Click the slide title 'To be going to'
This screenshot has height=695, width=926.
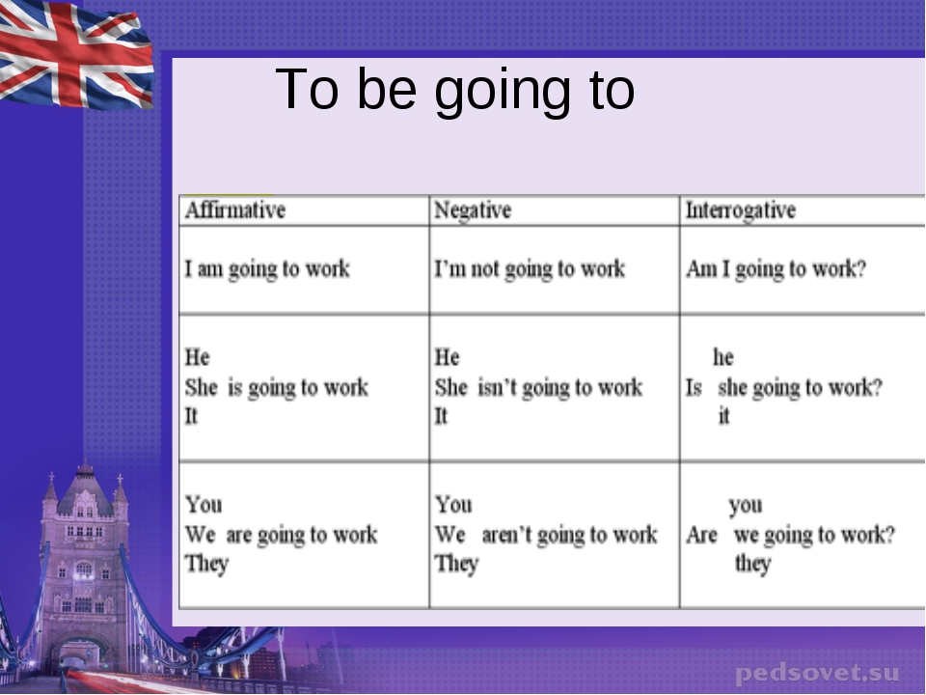pos(454,90)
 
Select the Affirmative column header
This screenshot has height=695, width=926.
pos(235,209)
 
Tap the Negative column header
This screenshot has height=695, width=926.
pos(473,210)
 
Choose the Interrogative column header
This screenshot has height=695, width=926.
pos(741,210)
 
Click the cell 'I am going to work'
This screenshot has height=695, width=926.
pos(267,269)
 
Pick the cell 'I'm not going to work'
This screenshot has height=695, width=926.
pos(530,269)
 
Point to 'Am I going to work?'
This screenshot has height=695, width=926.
pos(776,269)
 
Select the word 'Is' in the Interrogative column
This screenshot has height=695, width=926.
pos(694,388)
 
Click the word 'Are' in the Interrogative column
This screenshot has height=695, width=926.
pos(701,535)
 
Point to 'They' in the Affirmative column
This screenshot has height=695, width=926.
pos(206,564)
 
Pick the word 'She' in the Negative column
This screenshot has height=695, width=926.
pos(451,388)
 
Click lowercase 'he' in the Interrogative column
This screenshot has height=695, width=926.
pos(723,357)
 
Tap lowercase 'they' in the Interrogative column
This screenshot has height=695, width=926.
pos(753,564)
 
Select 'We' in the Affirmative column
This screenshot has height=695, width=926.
pos(200,535)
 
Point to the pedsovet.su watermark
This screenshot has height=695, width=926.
pos(818,673)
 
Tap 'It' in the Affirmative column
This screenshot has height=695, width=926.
pos(191,416)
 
